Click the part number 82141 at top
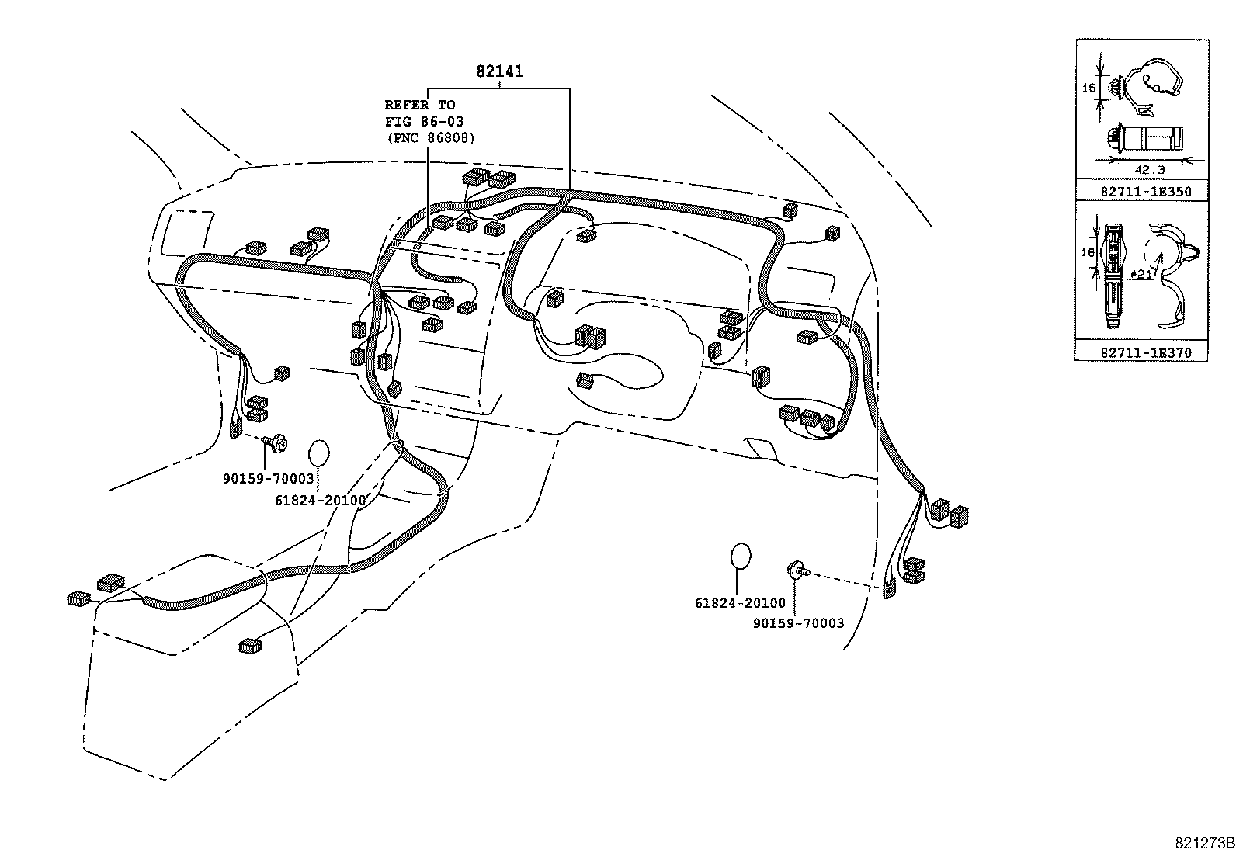(499, 71)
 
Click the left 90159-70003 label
(268, 479)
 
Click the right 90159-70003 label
(797, 622)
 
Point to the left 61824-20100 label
(319, 501)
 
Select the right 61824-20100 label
(740, 603)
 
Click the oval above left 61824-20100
(319, 453)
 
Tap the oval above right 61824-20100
(741, 557)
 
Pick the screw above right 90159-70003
(798, 571)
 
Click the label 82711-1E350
(1145, 192)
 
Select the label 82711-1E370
(1145, 352)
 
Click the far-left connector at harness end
(78, 598)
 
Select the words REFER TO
(420, 105)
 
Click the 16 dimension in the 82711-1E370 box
(1088, 252)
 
